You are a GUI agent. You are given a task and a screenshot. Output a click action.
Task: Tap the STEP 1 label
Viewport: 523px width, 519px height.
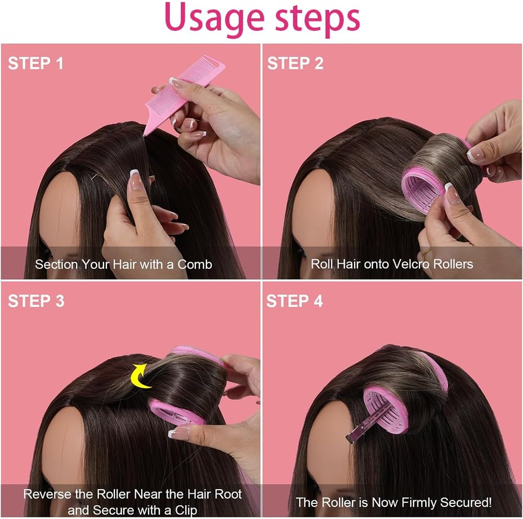pyautogui.click(x=36, y=63)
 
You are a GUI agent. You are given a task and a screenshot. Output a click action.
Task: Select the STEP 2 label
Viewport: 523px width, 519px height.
pyautogui.click(x=295, y=63)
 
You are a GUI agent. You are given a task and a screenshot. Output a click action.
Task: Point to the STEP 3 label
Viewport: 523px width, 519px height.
pyautogui.click(x=36, y=301)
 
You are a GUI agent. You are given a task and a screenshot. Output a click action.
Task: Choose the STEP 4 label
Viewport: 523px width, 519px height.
pyautogui.click(x=295, y=301)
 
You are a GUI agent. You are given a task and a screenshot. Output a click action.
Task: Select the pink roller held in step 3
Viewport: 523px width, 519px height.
pyautogui.click(x=175, y=411)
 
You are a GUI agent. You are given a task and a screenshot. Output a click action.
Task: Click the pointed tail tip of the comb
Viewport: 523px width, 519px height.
pyautogui.click(x=146, y=136)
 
